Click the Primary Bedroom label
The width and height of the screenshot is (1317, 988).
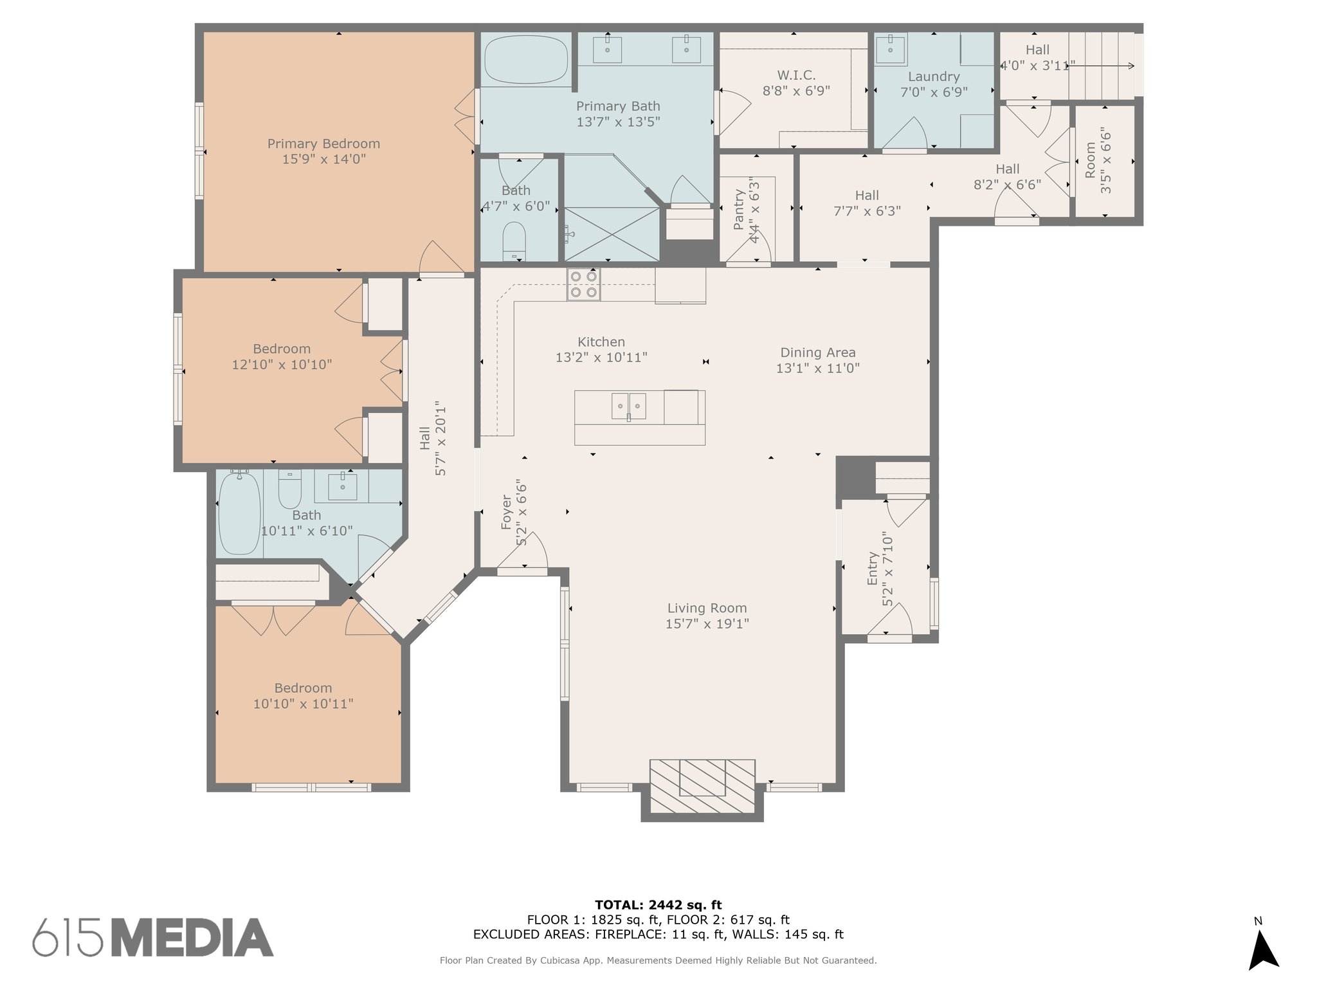(x=323, y=143)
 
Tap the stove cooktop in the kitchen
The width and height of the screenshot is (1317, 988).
(x=583, y=284)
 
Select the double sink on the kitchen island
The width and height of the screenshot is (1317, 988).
(x=628, y=406)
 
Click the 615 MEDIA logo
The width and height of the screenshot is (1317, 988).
(x=153, y=937)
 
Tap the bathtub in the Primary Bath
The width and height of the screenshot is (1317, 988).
(x=526, y=59)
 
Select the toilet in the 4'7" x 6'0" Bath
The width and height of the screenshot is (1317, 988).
(x=514, y=241)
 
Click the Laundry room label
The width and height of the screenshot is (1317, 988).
(x=934, y=77)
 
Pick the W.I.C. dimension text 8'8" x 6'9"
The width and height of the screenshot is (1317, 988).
(x=796, y=91)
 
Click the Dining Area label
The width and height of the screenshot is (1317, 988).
(x=818, y=352)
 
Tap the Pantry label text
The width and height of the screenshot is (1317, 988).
(x=739, y=210)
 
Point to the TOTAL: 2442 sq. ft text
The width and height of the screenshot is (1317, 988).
(x=658, y=905)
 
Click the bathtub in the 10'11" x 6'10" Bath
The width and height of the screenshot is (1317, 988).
(x=239, y=513)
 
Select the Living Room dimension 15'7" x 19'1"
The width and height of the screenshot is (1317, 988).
(x=707, y=624)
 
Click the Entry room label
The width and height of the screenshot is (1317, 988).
(x=873, y=569)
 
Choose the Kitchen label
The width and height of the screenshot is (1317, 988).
(x=601, y=342)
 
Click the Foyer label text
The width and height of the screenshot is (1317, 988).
(x=507, y=512)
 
